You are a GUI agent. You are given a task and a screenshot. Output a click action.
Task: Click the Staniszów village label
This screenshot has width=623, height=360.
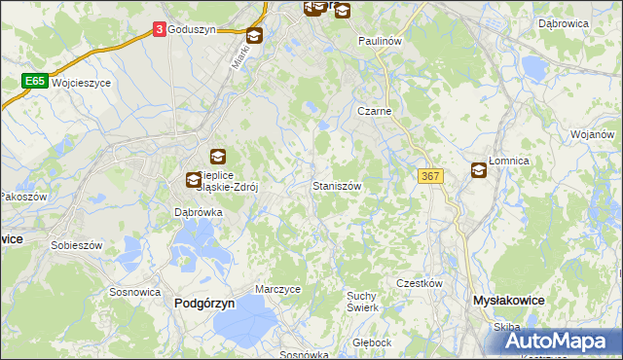(x=337, y=185)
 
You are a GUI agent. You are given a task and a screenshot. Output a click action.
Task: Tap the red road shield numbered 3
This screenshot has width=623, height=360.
(x=159, y=30)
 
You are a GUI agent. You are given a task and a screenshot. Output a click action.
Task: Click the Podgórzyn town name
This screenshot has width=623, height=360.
(x=204, y=304)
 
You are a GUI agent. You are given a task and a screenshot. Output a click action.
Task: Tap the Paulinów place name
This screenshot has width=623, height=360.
(x=380, y=42)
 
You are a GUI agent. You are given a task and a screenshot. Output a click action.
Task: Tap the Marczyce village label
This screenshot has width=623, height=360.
(x=278, y=289)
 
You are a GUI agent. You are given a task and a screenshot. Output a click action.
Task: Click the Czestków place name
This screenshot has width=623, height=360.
(x=420, y=283)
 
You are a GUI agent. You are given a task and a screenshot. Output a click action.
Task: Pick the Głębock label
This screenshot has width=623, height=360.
(x=372, y=342)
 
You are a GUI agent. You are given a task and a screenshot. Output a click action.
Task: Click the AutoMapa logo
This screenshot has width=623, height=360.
(x=564, y=341)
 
